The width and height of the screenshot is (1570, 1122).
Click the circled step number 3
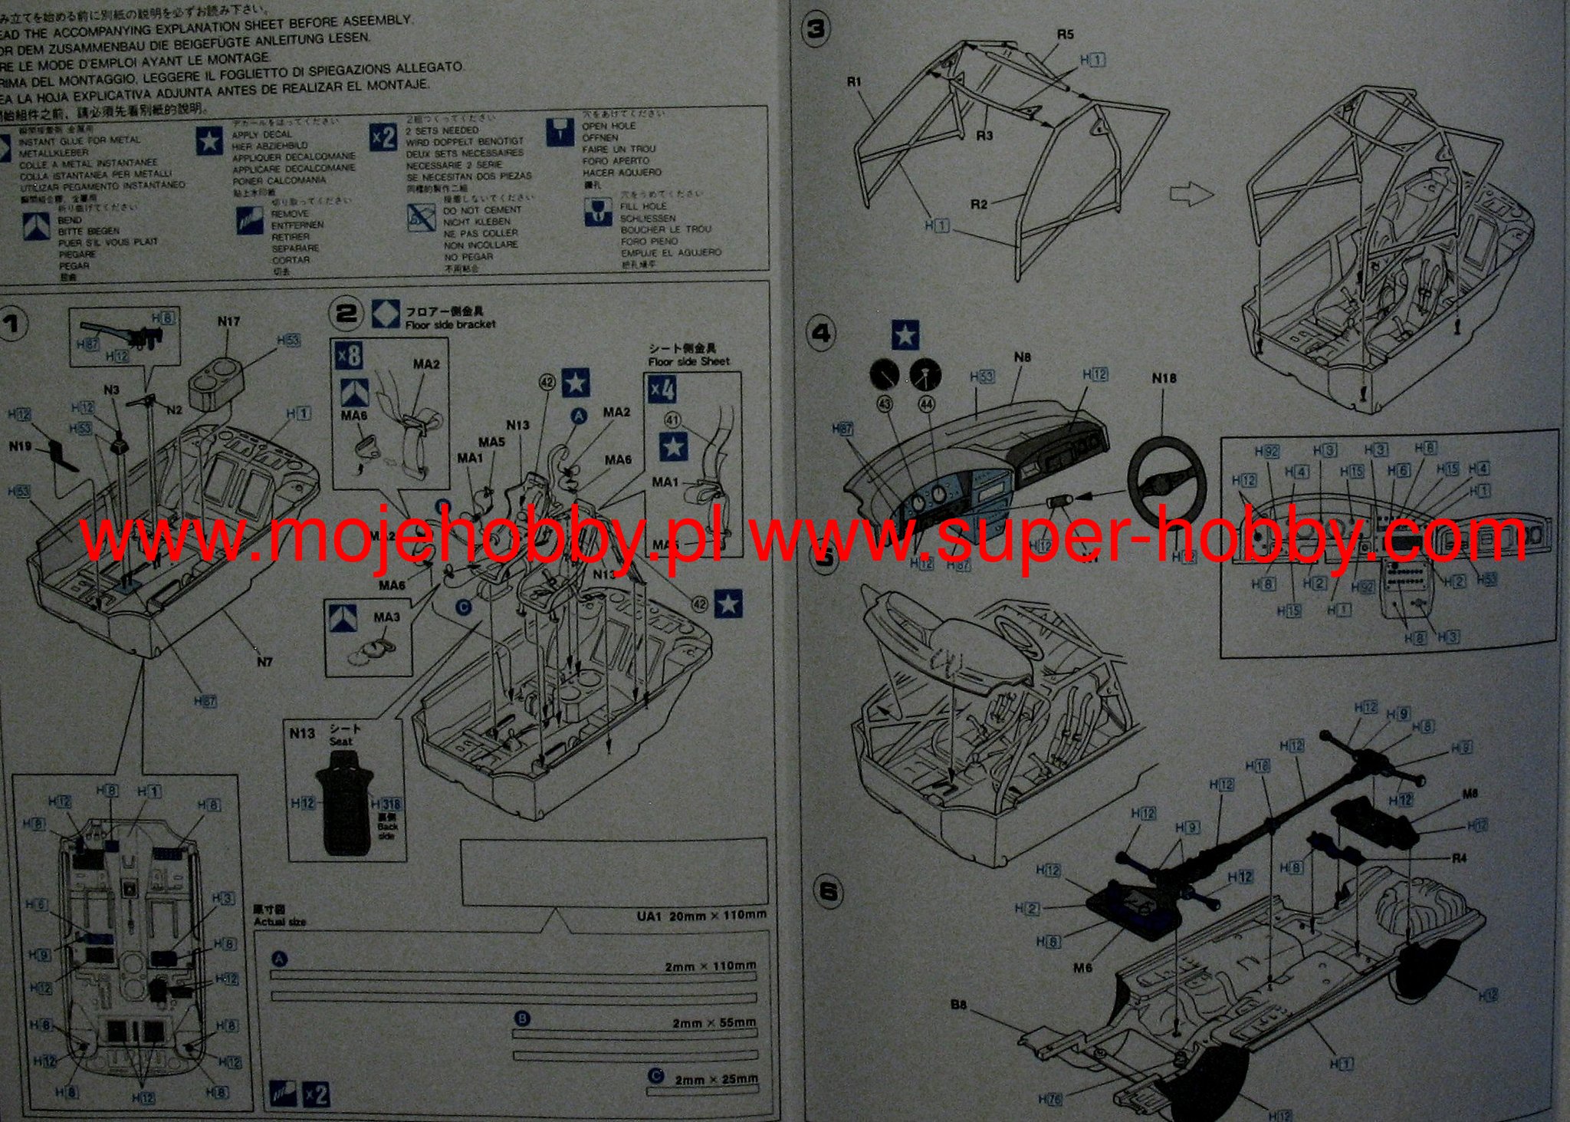(816, 29)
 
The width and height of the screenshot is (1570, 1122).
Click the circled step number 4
(821, 334)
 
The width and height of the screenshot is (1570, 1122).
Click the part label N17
(228, 322)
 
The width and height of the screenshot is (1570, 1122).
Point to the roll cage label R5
(1065, 35)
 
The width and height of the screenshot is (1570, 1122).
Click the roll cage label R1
(855, 81)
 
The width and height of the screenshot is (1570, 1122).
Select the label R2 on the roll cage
(979, 204)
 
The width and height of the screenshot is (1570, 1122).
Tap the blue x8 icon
(350, 356)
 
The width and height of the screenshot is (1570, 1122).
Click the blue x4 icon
(662, 390)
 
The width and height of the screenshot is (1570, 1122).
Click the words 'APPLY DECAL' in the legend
(262, 134)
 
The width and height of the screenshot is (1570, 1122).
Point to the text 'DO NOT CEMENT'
(482, 210)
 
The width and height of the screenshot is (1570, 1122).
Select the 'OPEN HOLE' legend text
(609, 126)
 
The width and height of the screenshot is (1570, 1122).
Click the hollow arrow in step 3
(1191, 195)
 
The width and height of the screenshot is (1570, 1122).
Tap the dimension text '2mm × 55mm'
(714, 1023)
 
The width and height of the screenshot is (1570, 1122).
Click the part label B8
(958, 1005)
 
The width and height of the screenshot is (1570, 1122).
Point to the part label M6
(1082, 968)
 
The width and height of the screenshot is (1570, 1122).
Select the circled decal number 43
(885, 403)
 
